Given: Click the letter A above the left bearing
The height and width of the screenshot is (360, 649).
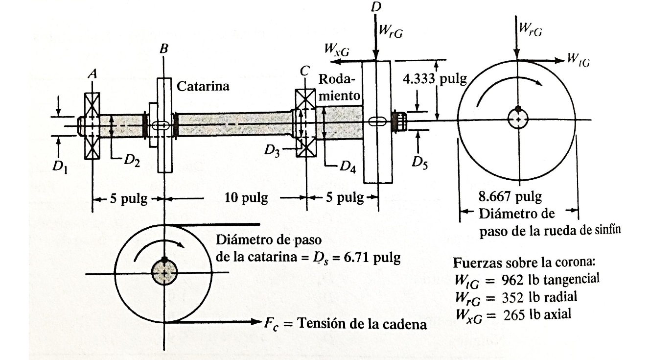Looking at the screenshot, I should (91, 73).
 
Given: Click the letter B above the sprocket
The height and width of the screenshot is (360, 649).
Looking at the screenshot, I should (164, 49).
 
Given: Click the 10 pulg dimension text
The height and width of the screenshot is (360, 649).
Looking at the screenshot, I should (246, 198).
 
